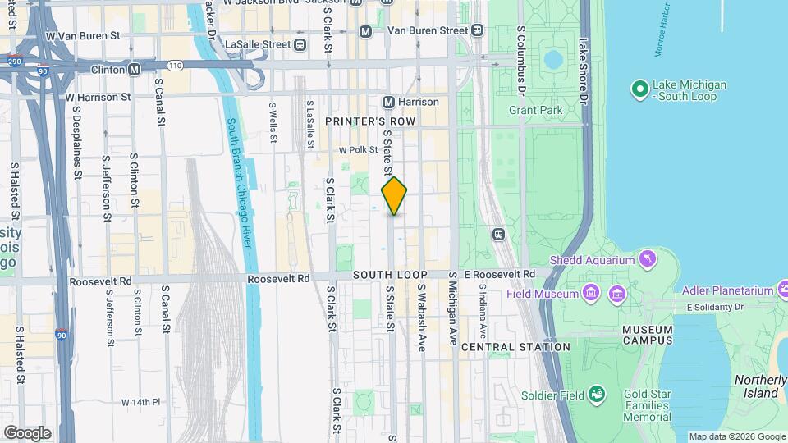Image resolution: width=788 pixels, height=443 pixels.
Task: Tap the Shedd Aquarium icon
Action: [648, 260]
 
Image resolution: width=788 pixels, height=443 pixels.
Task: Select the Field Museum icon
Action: [590, 293]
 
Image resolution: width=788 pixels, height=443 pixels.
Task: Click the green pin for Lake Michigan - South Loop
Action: [639, 89]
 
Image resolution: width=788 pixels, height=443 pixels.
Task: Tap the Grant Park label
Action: [535, 110]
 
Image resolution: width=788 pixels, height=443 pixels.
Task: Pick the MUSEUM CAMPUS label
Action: [647, 334]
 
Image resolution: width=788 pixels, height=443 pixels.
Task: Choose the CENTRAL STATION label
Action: [515, 347]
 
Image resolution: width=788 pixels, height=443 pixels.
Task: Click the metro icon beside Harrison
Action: [389, 102]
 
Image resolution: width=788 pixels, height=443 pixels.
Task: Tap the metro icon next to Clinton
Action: [134, 70]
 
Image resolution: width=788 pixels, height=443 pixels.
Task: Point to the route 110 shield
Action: [174, 65]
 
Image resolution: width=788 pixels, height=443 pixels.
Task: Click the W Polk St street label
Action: [358, 150]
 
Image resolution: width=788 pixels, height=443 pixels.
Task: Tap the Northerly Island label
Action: [759, 386]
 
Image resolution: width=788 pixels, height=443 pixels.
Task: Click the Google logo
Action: [27, 432]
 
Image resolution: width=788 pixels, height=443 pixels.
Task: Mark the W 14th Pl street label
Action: [140, 402]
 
